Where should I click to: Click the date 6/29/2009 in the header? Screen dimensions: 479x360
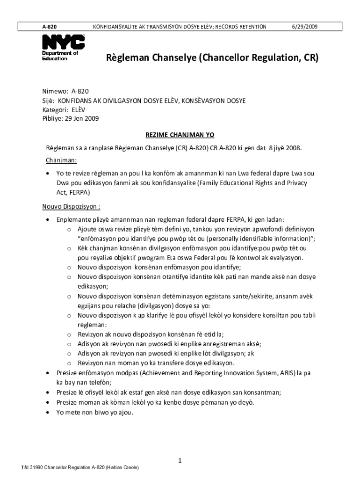point(304,27)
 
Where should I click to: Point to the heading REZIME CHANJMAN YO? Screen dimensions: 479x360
point(180,135)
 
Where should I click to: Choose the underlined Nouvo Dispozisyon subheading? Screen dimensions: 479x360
point(72,206)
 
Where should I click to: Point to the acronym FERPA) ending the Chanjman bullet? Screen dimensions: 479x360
point(79,192)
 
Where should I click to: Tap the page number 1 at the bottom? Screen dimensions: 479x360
point(180,461)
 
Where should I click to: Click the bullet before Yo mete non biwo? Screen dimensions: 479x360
point(49,412)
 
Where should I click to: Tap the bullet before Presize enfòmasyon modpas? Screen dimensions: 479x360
point(49,373)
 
